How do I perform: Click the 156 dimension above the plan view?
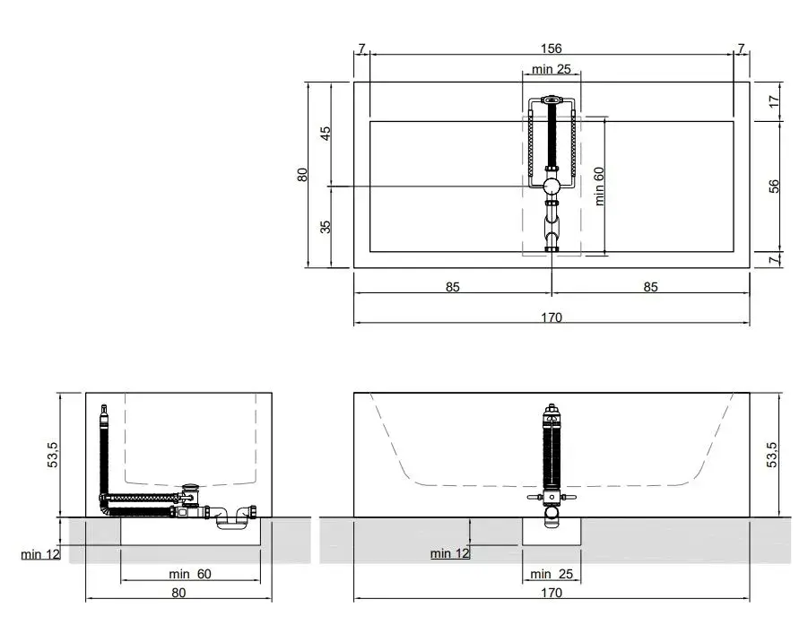[551, 48]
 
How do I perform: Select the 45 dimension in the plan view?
[326, 133]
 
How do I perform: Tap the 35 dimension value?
[326, 227]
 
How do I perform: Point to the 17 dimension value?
[774, 101]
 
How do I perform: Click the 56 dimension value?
[774, 187]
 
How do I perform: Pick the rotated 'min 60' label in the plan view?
[599, 187]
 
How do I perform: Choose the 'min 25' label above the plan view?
[552, 69]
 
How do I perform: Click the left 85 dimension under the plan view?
[453, 287]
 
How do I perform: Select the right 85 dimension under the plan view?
[651, 287]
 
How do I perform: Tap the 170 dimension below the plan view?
[552, 317]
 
